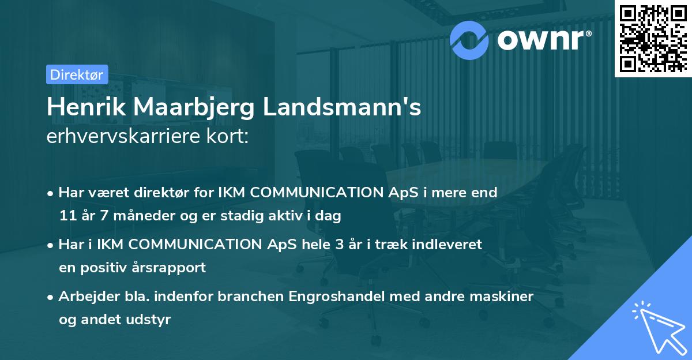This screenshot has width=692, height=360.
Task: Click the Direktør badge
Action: point(77,74)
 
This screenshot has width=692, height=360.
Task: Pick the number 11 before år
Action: point(66,216)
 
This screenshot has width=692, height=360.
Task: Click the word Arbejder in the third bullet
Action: point(84,297)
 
